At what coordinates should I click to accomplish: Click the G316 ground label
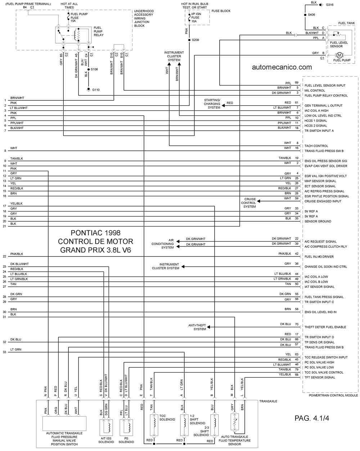(x=329, y=5)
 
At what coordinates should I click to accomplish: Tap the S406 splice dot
(x=305, y=15)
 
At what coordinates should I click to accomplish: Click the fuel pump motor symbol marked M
(x=339, y=55)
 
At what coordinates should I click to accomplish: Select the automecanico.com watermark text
(x=282, y=67)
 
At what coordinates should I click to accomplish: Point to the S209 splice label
(x=195, y=40)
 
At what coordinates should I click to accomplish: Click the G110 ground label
(x=96, y=90)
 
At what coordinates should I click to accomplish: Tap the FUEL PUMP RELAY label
(x=98, y=31)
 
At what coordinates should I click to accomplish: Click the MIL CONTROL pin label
(x=315, y=91)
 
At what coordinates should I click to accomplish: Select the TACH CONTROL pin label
(x=316, y=146)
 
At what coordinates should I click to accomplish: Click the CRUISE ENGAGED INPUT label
(x=323, y=201)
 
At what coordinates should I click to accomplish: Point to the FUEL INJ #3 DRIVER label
(x=319, y=256)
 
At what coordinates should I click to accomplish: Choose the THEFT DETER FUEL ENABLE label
(x=325, y=327)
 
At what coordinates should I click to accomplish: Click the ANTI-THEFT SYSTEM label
(x=197, y=327)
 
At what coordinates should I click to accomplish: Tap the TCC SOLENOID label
(x=167, y=418)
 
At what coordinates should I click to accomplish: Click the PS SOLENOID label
(x=126, y=440)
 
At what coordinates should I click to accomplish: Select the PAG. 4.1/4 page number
(x=311, y=418)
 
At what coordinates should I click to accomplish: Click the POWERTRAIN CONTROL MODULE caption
(x=333, y=395)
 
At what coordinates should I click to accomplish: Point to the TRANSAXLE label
(x=268, y=401)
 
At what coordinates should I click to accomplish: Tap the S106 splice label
(x=94, y=69)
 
